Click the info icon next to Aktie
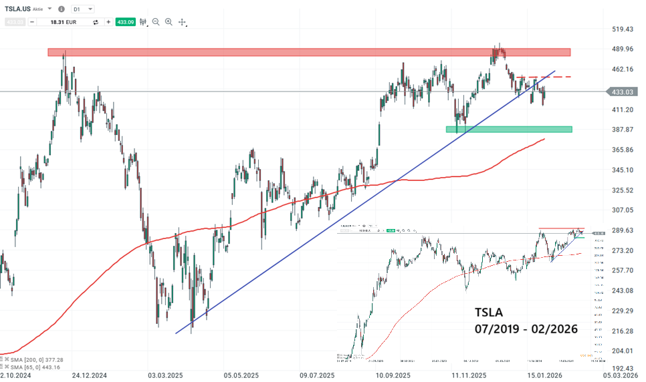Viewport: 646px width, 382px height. click(x=62, y=9)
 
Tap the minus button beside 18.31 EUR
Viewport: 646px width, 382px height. click(x=31, y=22)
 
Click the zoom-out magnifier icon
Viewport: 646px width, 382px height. click(x=156, y=22)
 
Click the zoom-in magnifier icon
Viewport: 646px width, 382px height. click(x=169, y=22)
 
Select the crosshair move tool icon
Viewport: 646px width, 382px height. click(x=182, y=22)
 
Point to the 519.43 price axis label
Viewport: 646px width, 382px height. click(x=621, y=29)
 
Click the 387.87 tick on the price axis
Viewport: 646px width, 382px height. click(x=621, y=130)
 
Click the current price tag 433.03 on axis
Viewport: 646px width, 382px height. click(x=619, y=91)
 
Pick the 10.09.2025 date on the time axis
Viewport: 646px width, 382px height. click(x=393, y=376)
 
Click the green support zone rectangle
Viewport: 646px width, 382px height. click(x=508, y=129)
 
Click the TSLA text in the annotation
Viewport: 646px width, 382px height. click(x=489, y=312)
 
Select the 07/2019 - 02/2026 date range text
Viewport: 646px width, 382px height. click(x=526, y=329)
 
